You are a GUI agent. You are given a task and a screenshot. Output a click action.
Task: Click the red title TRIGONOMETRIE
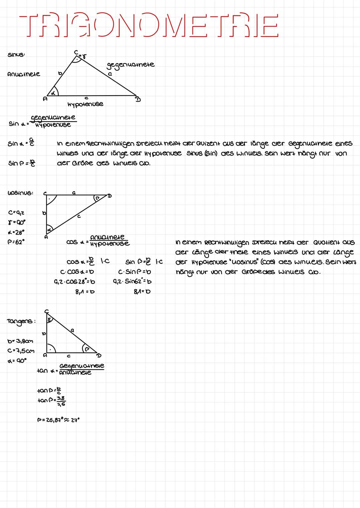tap(149, 25)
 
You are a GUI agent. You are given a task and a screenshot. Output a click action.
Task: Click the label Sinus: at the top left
tap(16, 55)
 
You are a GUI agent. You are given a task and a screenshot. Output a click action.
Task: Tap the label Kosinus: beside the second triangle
tap(20, 193)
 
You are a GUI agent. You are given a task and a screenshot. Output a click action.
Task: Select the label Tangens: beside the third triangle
tap(21, 321)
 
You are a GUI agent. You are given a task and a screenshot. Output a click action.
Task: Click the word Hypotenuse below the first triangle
tap(85, 104)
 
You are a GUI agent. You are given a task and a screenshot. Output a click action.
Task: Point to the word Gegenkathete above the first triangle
tap(131, 65)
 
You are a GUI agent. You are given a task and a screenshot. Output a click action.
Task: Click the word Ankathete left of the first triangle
tap(23, 74)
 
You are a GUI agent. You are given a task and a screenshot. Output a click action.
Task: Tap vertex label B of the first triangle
tap(137, 99)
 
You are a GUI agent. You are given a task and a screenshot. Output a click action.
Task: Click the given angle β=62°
tap(16, 242)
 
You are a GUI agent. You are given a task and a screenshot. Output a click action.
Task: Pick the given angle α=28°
tap(16, 232)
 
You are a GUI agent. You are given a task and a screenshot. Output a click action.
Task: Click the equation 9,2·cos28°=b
tap(74, 282)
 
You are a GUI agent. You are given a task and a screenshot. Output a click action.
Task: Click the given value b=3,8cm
tap(20, 341)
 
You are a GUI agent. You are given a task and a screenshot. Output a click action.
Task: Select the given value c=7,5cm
tap(21, 351)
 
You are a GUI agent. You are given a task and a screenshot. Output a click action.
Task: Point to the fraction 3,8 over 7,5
tap(61, 401)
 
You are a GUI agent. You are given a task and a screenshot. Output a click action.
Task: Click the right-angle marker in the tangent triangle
tap(51, 348)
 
